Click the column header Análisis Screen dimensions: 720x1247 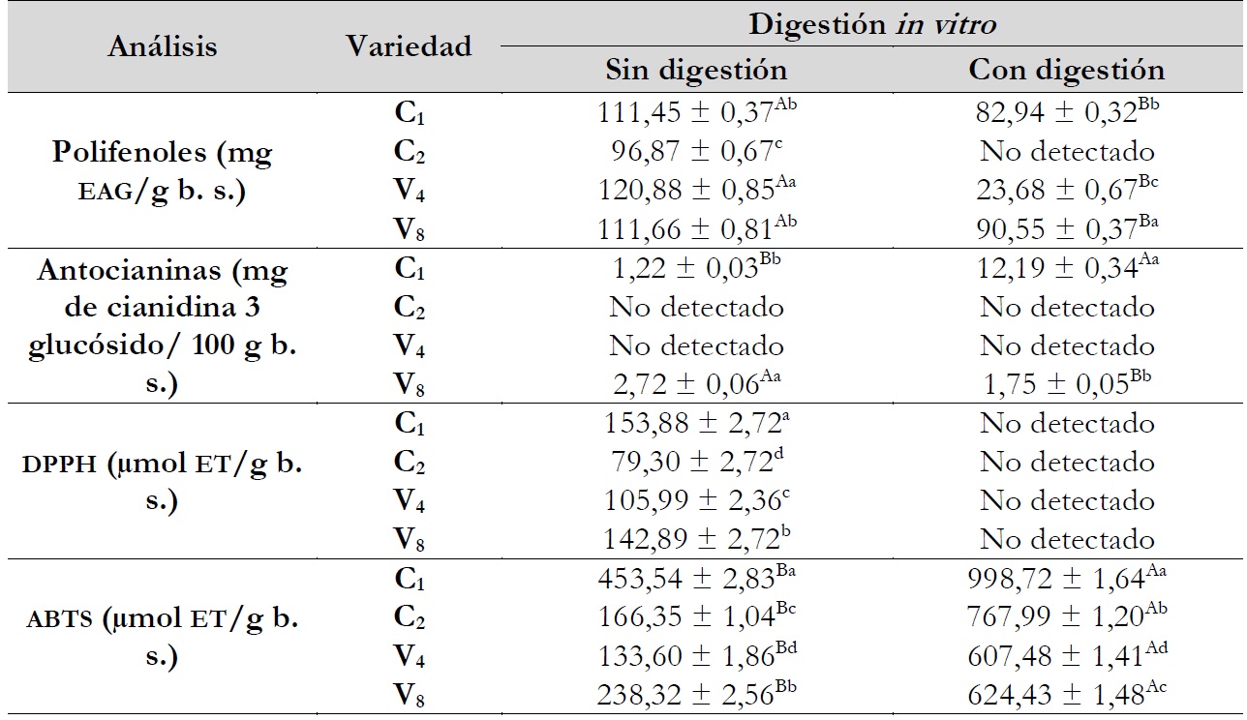pos(163,45)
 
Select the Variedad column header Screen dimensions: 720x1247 pos(409,45)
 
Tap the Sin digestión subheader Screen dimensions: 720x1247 pos(696,70)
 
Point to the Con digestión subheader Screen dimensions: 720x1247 pos(1067,70)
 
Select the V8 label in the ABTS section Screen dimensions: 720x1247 pos(410,696)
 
